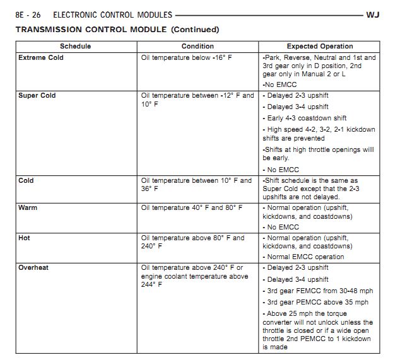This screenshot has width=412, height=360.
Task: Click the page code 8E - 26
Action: [x=29, y=13]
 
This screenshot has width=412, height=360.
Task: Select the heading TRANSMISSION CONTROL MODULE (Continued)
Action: [x=117, y=29]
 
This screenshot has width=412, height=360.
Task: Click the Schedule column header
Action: [x=76, y=46]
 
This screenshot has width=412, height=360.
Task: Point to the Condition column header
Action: [x=197, y=46]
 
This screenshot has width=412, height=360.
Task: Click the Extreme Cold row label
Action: [x=41, y=57]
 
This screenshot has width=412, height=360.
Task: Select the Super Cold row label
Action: [x=37, y=96]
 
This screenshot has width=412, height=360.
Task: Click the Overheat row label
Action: [x=33, y=268]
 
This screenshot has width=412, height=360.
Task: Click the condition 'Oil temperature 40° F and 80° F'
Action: [x=192, y=207]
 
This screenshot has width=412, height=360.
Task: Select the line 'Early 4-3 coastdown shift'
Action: [x=306, y=119]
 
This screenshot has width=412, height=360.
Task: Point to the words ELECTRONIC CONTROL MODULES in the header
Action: [x=113, y=13]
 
